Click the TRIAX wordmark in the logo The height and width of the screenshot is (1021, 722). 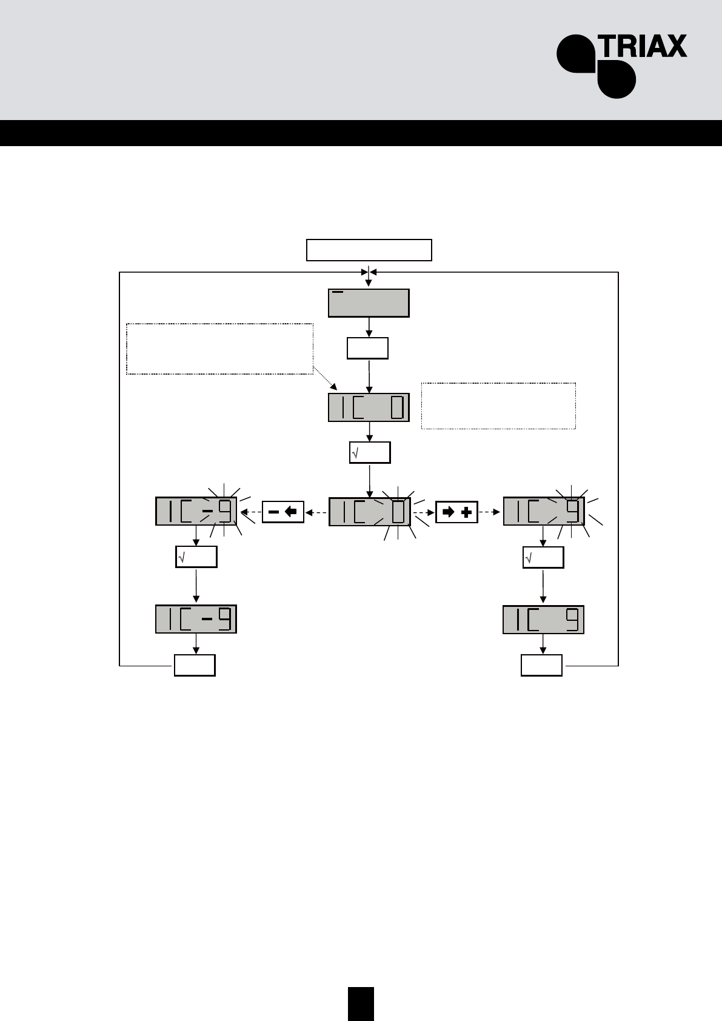tap(642, 46)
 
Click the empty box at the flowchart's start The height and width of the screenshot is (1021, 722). tap(369, 250)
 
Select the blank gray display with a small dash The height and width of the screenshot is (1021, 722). tap(369, 303)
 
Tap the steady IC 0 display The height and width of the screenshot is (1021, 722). tap(369, 407)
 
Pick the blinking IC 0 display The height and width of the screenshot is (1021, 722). tap(369, 511)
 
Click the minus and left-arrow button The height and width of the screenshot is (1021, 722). tap(282, 512)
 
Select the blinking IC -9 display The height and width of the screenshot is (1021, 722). tap(196, 511)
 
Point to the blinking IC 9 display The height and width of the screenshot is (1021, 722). tap(543, 511)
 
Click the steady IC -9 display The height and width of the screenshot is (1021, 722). tap(196, 619)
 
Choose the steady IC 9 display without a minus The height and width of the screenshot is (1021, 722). tap(543, 620)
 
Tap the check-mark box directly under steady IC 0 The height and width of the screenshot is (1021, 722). tap(370, 452)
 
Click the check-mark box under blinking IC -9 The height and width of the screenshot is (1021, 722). tap(196, 557)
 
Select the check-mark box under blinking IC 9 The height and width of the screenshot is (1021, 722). tap(543, 557)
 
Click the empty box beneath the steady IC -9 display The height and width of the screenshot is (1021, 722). tap(195, 665)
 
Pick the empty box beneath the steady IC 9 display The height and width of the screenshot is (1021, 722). tap(541, 665)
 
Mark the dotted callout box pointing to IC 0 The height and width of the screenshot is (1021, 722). tap(219, 349)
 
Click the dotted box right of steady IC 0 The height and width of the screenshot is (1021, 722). tap(498, 406)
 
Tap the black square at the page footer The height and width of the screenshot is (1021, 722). tap(361, 1003)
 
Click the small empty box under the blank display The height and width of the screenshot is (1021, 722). tap(367, 349)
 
